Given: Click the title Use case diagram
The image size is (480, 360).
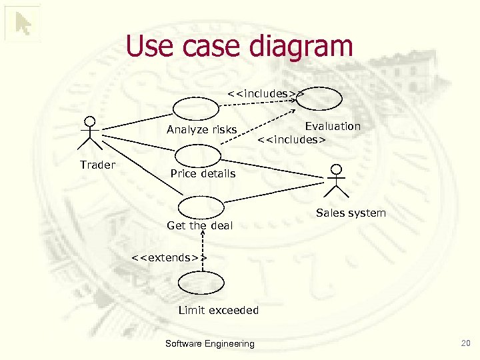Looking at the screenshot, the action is click(x=239, y=47).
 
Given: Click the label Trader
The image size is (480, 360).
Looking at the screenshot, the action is click(x=97, y=165).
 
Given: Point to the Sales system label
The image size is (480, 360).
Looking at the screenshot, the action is click(x=351, y=213).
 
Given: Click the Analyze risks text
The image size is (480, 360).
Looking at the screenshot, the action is click(x=201, y=130).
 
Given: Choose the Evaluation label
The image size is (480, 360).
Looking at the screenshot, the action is click(x=333, y=126).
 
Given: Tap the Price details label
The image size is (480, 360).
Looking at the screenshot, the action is click(x=203, y=173).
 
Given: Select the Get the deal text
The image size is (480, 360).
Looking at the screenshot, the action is click(x=199, y=225).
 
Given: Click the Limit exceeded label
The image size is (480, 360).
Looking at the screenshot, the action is click(x=219, y=310).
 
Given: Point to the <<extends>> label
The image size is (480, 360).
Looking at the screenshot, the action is click(x=169, y=257).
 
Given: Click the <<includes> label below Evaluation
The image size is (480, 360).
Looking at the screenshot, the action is click(x=291, y=140).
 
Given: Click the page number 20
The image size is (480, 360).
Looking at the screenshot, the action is click(x=465, y=343).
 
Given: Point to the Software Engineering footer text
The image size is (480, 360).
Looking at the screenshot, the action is click(x=209, y=344).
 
